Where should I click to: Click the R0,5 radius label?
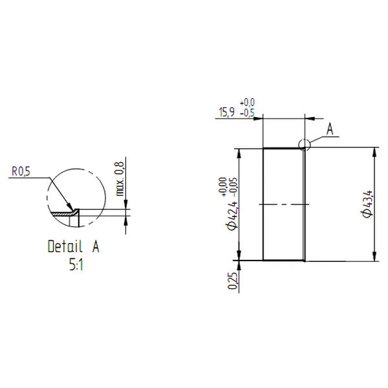click(21, 171)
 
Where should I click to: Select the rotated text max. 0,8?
click(119, 179)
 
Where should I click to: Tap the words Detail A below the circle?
click(74, 246)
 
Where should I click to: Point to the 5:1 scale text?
click(76, 263)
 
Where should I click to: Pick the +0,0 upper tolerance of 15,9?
click(248, 103)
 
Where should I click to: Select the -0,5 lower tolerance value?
click(247, 113)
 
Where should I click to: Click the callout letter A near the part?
click(329, 131)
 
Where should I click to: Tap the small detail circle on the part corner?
click(305, 145)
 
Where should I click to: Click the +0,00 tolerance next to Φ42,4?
click(222, 186)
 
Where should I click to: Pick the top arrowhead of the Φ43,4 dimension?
click(376, 153)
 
